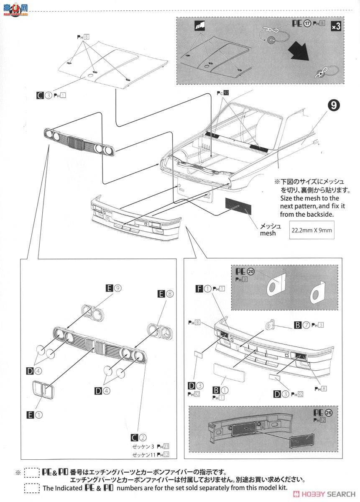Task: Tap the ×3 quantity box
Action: click(336, 26)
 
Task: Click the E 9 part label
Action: click(114, 288)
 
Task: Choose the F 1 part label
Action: click(204, 288)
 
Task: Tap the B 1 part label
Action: click(221, 390)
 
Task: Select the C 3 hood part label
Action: click(44, 95)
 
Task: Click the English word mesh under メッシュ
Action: click(268, 233)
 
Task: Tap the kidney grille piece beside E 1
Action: click(43, 390)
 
